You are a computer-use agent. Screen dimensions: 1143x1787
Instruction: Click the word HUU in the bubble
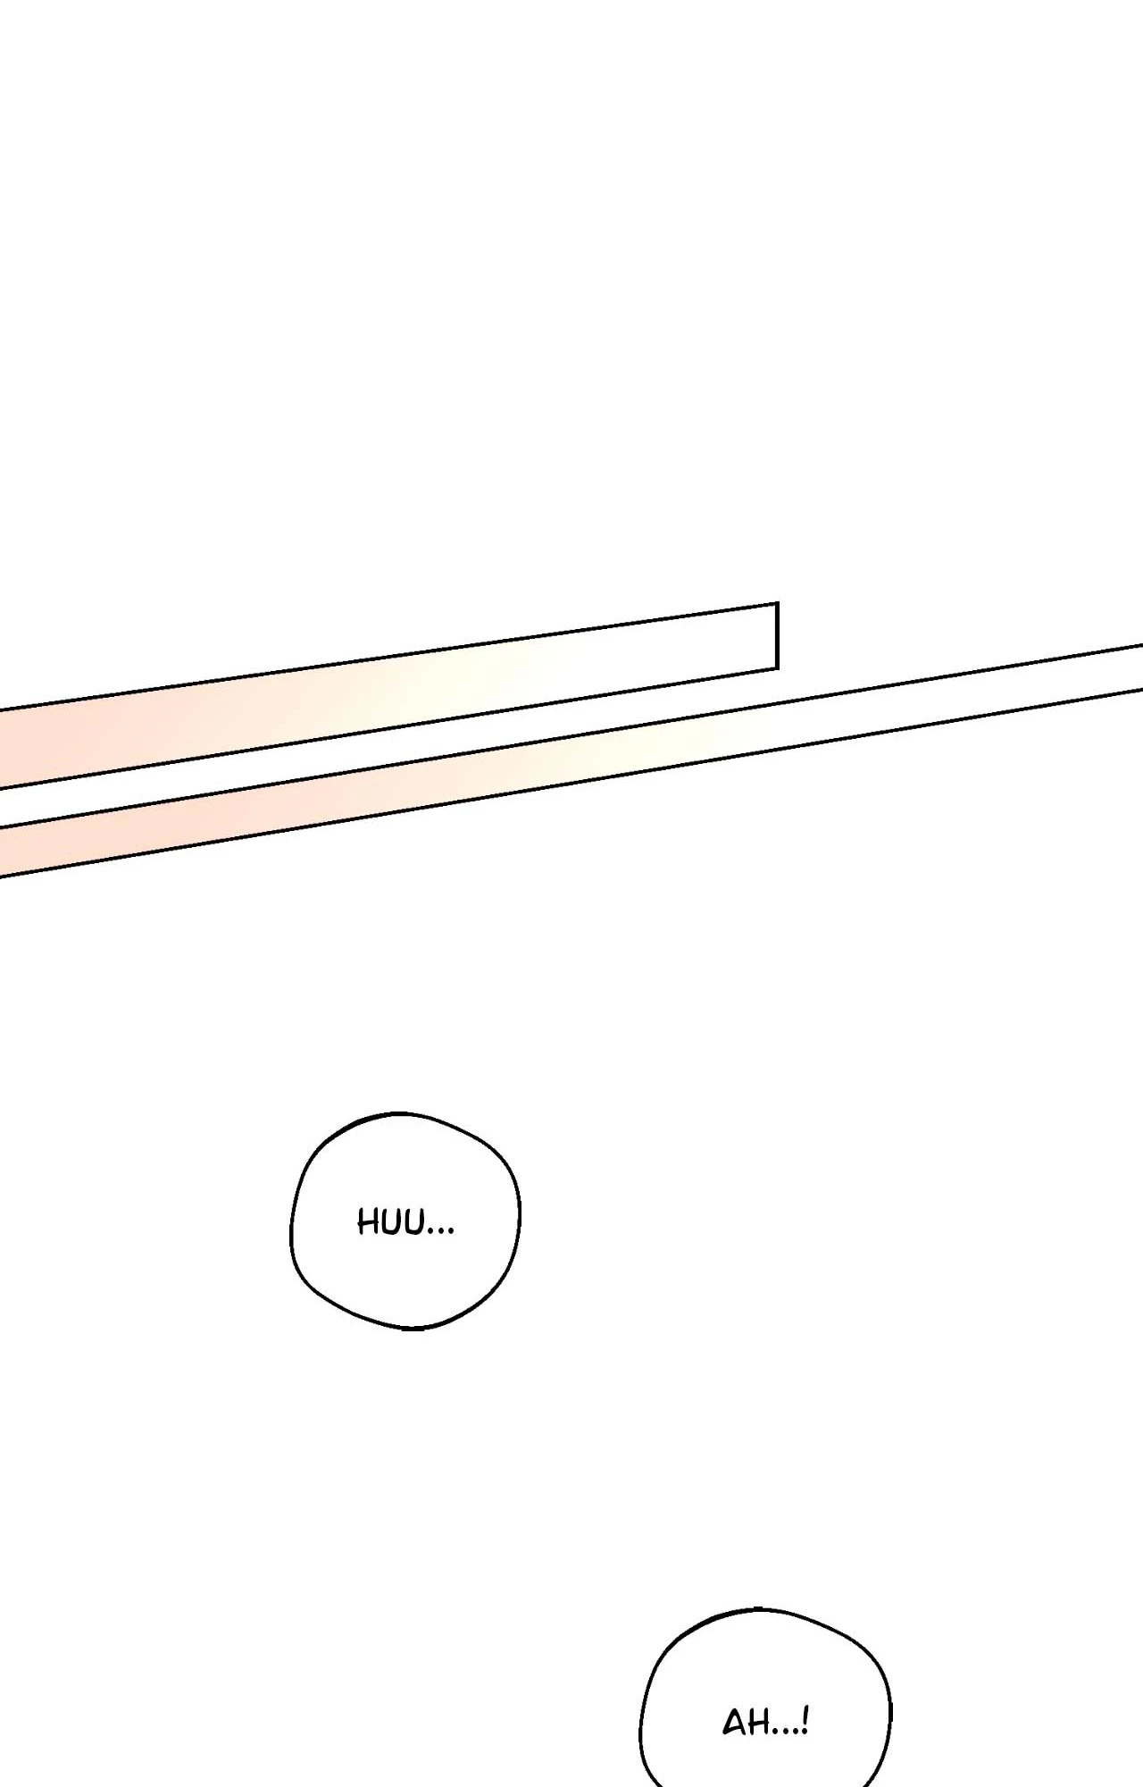click(x=394, y=1221)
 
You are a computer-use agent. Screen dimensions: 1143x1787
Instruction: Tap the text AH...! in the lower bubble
click(x=765, y=1722)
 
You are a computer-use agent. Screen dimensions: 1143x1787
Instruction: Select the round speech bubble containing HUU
click(x=405, y=1221)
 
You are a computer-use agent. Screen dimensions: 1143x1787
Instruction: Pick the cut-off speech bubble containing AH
click(x=765, y=1698)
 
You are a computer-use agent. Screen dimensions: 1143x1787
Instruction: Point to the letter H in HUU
click(x=369, y=1221)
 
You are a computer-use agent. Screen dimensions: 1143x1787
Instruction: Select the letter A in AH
click(x=735, y=1724)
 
